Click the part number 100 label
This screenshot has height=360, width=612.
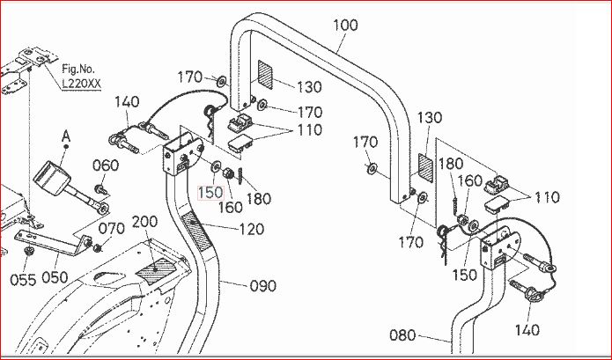click(x=345, y=26)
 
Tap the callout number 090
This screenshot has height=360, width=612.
click(x=263, y=286)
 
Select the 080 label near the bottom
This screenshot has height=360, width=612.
click(x=402, y=335)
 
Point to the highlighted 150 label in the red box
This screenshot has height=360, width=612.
click(x=210, y=192)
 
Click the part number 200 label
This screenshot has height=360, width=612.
click(x=144, y=222)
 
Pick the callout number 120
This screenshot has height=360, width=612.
click(x=252, y=229)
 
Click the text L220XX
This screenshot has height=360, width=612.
click(x=82, y=84)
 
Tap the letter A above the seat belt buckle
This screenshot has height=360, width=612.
click(x=66, y=137)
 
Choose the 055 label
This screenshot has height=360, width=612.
click(x=23, y=280)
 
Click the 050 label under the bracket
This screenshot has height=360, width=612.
click(x=55, y=277)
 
